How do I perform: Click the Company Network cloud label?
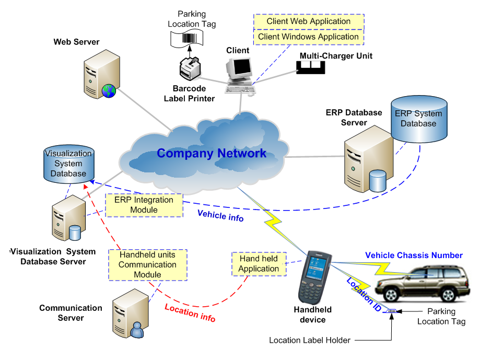click(212, 153)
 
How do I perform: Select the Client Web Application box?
click(308, 21)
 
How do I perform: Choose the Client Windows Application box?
click(308, 37)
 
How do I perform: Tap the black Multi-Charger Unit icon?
click(310, 66)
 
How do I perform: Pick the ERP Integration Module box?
click(144, 205)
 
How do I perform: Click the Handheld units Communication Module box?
click(147, 264)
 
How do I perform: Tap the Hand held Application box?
click(259, 264)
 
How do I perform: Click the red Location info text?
click(190, 312)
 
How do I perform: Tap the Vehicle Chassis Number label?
click(414, 256)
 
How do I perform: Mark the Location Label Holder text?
click(310, 340)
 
